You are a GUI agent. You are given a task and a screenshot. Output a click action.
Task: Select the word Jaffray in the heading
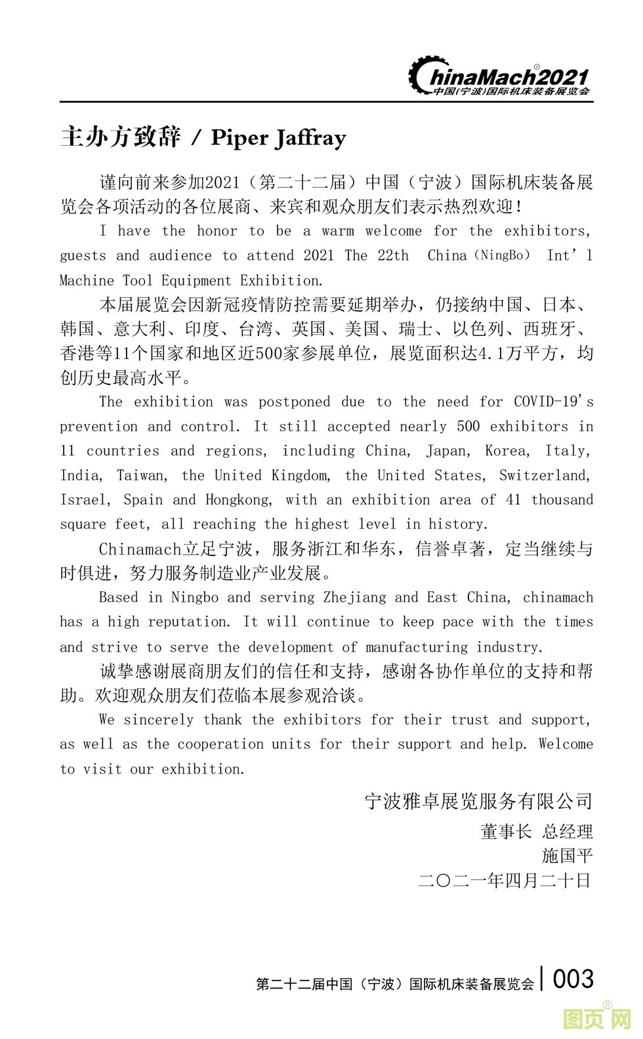(x=311, y=138)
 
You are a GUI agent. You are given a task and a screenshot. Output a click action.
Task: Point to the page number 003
(x=573, y=979)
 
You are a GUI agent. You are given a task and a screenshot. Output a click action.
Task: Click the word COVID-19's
(x=553, y=402)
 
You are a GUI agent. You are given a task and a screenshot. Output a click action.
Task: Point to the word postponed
(x=294, y=402)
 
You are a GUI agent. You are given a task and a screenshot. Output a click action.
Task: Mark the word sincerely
(x=159, y=719)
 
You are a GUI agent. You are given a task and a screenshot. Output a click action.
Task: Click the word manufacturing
(x=417, y=647)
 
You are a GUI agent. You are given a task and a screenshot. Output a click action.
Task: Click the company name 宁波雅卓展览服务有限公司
(x=478, y=801)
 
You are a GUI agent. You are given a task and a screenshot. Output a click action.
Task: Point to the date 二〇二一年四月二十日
(x=505, y=880)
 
